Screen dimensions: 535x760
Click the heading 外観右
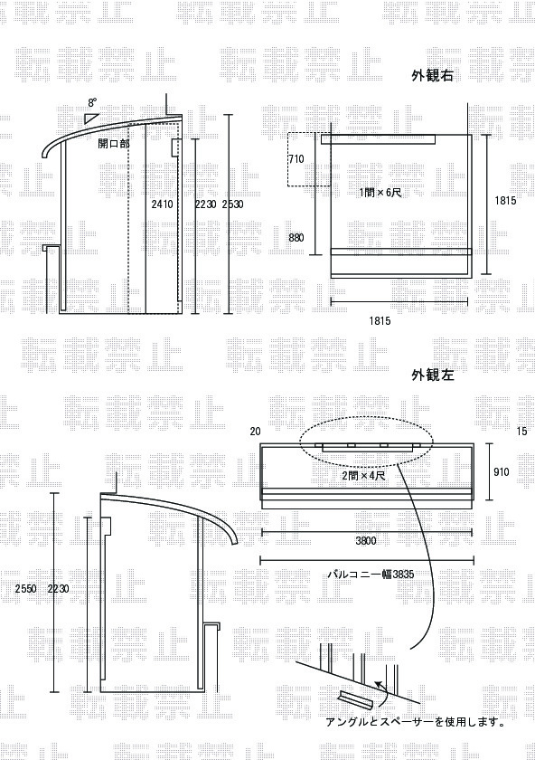[432, 76]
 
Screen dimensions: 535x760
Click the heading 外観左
[433, 375]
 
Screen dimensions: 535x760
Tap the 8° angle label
[92, 103]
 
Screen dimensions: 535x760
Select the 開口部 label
[114, 144]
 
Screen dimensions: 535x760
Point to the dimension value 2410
[162, 204]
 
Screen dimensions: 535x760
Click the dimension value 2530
[232, 204]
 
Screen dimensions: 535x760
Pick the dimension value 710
[296, 159]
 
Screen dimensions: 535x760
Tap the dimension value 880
[296, 237]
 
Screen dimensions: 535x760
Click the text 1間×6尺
[380, 193]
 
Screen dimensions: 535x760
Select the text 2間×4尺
[363, 476]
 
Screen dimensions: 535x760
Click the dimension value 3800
[366, 541]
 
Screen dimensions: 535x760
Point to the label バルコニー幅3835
[371, 575]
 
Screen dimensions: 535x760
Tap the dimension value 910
[501, 471]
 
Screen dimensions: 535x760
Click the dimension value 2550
[25, 589]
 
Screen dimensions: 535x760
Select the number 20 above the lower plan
[255, 432]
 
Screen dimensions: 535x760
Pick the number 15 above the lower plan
[522, 431]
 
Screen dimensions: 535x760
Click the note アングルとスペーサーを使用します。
[416, 722]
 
